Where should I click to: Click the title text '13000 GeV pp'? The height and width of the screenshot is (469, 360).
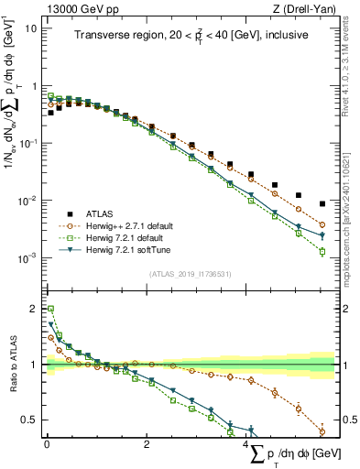click(76, 9)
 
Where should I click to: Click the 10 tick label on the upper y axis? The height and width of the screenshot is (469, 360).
click(31, 27)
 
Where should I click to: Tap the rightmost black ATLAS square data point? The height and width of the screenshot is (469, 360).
click(322, 204)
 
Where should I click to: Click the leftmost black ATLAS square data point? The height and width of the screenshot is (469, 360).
click(50, 113)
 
